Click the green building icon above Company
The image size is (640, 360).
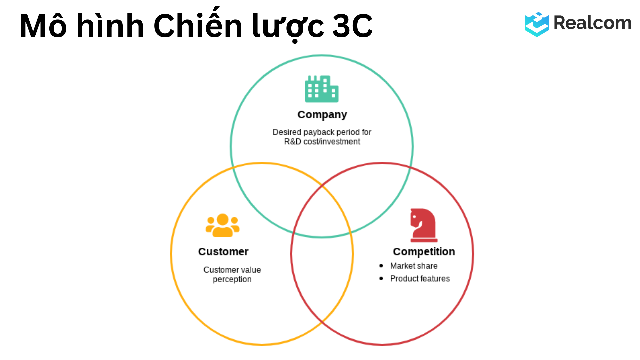[321, 89]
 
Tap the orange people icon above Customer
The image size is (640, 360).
[223, 226]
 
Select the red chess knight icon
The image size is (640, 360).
[423, 225]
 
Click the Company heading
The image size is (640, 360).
[322, 115]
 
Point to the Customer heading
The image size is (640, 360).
[223, 252]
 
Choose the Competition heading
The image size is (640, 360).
[424, 252]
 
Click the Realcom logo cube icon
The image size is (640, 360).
[536, 24]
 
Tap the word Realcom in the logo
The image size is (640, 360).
[592, 23]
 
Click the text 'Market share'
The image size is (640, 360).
[414, 266]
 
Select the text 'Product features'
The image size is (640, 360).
[420, 279]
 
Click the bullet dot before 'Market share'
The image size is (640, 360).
[381, 266]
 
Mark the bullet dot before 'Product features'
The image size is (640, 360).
[381, 278]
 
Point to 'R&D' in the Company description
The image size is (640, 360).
[292, 142]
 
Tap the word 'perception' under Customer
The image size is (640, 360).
[232, 279]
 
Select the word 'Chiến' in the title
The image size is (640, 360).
[198, 26]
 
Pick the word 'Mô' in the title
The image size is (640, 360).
[43, 26]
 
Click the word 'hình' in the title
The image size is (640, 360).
[110, 26]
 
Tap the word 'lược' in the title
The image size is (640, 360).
[288, 26]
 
